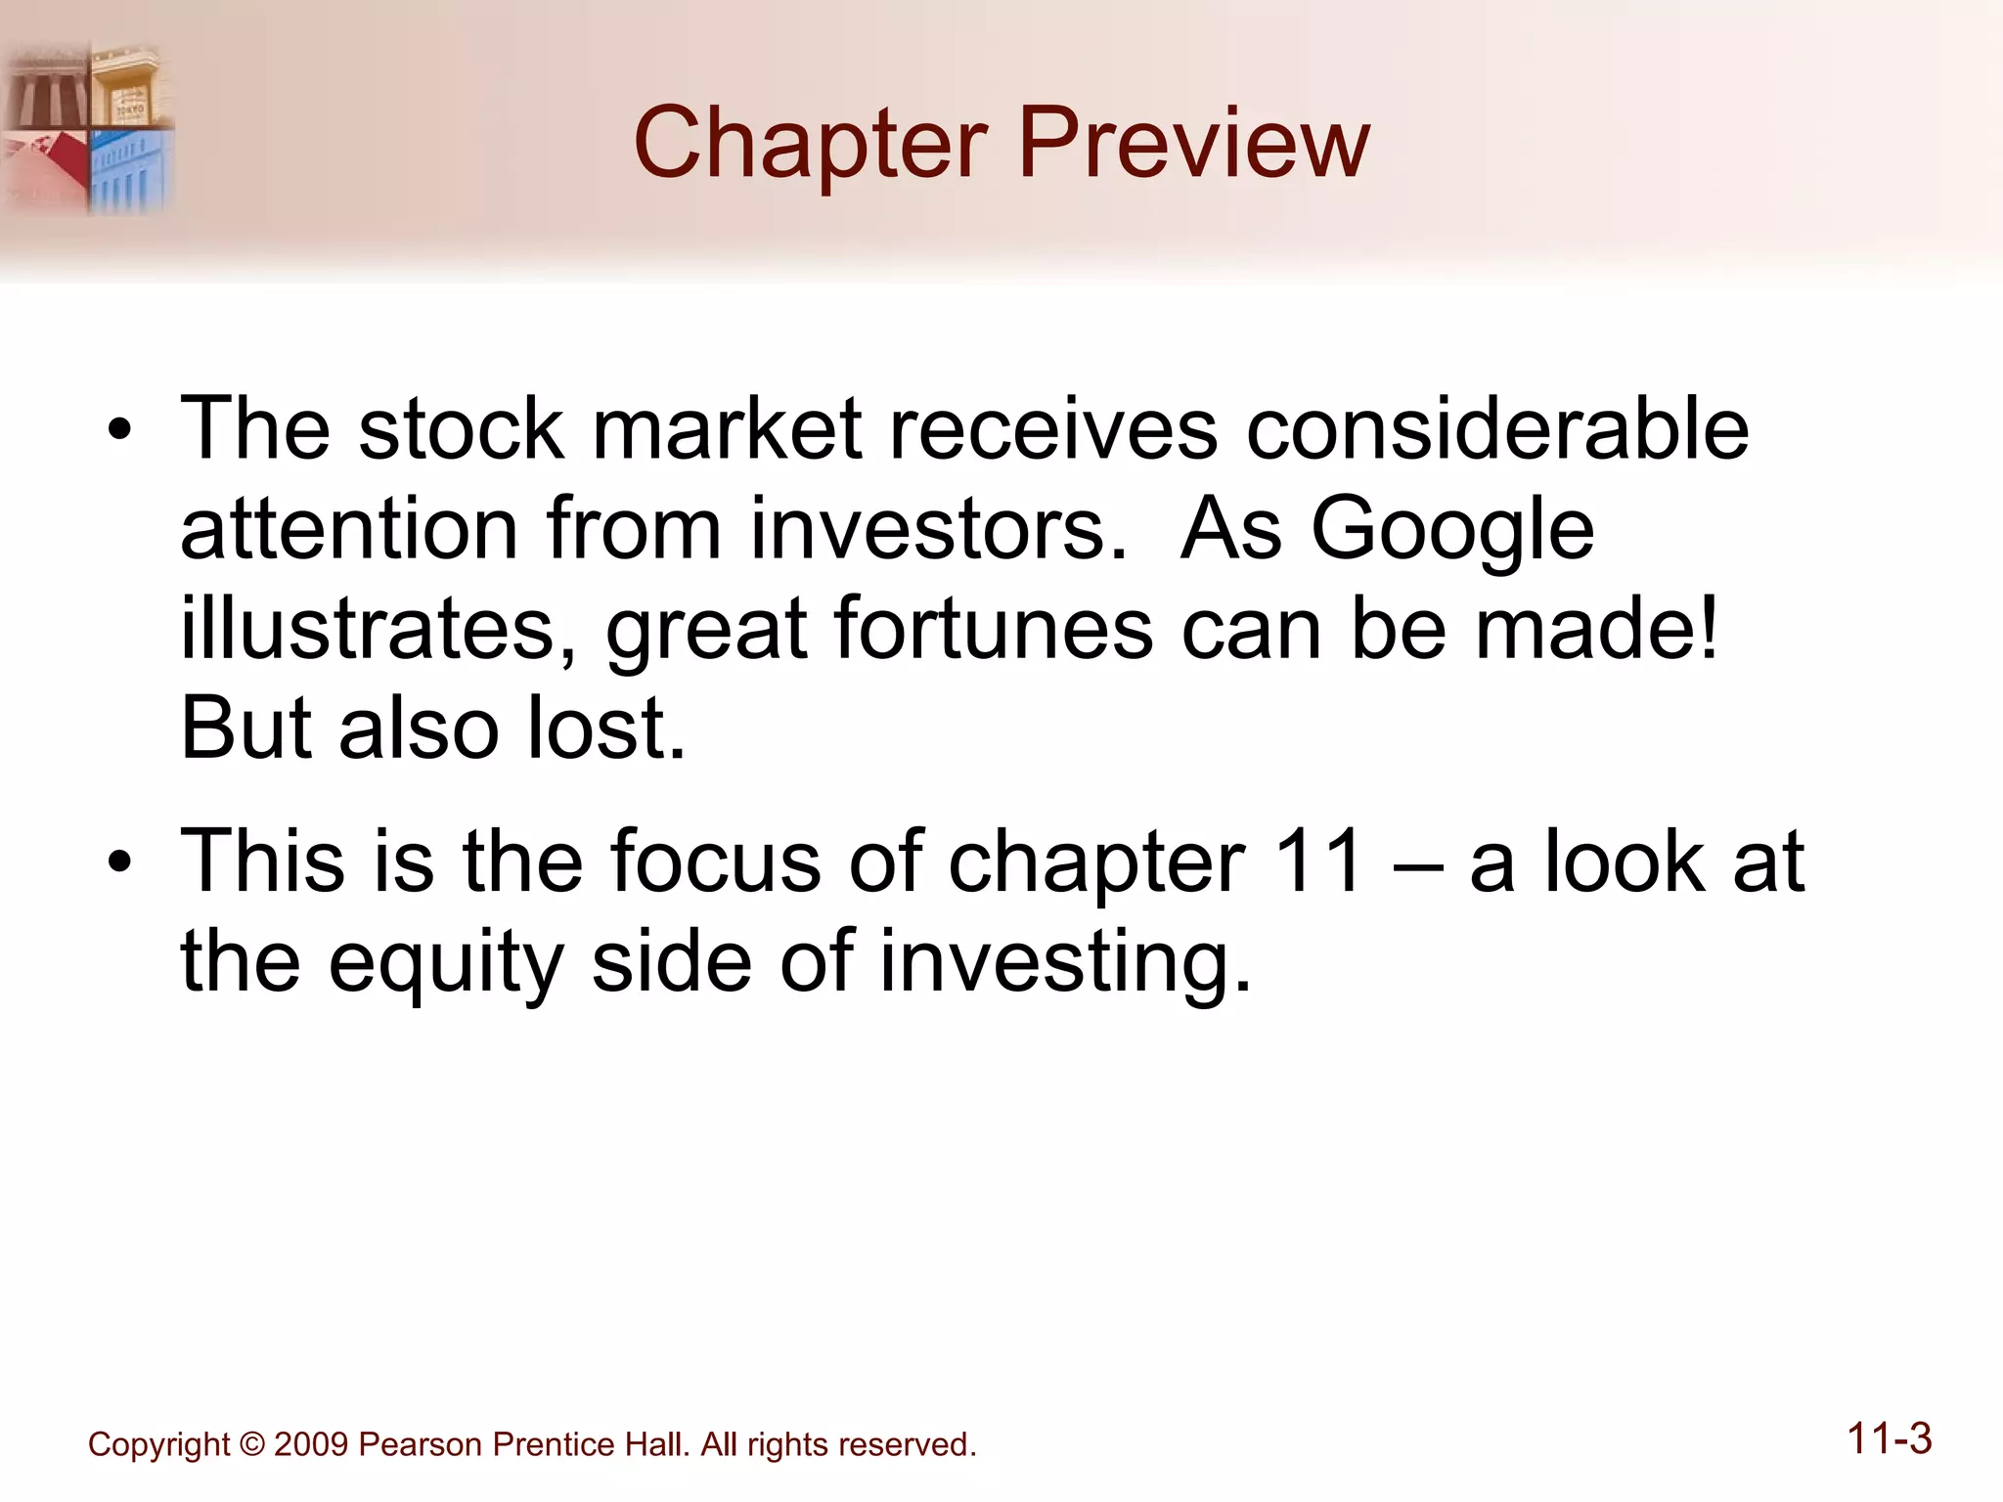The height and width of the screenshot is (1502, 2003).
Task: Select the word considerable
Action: coord(1497,430)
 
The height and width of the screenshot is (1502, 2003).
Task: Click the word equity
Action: coord(446,964)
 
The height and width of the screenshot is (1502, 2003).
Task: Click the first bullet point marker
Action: coord(119,431)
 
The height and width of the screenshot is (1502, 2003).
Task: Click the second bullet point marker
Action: coord(119,863)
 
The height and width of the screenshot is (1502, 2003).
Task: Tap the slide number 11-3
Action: coord(1889,1439)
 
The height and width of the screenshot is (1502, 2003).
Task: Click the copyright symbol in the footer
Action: coord(251,1444)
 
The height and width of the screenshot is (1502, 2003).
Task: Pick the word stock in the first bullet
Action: coord(461,430)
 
